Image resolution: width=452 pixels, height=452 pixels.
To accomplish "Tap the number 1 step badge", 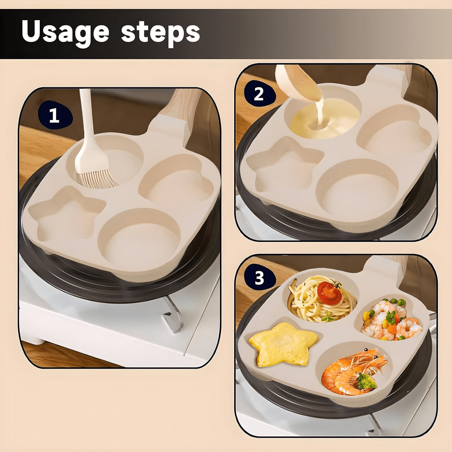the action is [55, 116].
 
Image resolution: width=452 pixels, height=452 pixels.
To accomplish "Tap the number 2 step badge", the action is [259, 94].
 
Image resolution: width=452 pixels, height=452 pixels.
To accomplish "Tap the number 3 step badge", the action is [259, 278].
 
